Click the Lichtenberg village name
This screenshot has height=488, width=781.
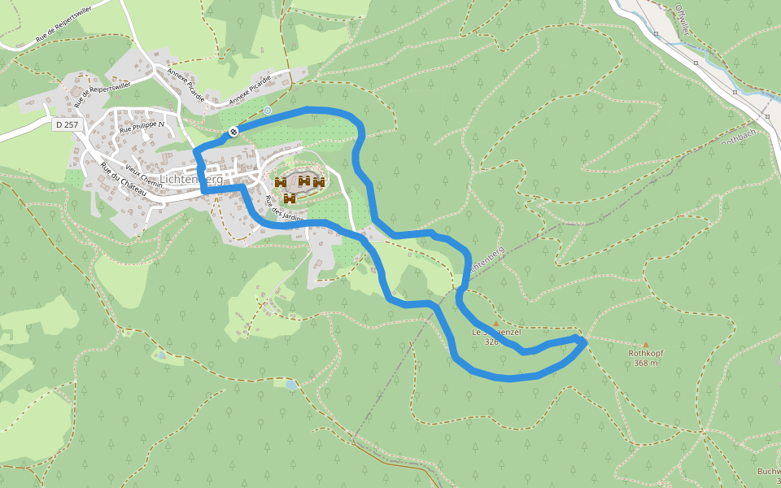tap(191, 179)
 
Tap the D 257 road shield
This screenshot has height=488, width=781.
tap(66, 124)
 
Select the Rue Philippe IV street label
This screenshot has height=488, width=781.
tap(142, 127)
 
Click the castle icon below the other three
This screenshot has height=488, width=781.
tap(290, 198)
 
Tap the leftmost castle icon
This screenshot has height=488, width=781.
tap(281, 182)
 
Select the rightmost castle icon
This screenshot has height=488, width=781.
tap(319, 182)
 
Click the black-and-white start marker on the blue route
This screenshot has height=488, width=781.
tap(233, 131)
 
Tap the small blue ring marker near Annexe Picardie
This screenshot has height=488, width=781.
tap(267, 110)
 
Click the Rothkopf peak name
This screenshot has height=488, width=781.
tap(648, 354)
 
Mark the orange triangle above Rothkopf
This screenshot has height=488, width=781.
tap(647, 344)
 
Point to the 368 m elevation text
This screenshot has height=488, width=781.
tap(648, 364)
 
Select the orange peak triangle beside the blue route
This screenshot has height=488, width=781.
tap(495, 324)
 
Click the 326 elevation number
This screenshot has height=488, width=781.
tap(491, 342)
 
